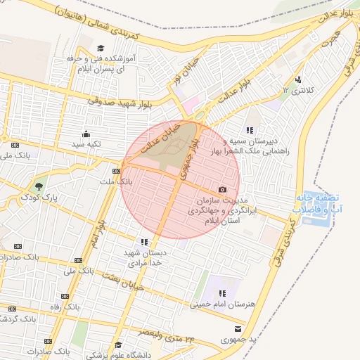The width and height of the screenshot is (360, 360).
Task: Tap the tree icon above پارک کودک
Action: pyautogui.click(x=39, y=188)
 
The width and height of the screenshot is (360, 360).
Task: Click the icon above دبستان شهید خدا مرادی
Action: pyautogui.click(x=145, y=242)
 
